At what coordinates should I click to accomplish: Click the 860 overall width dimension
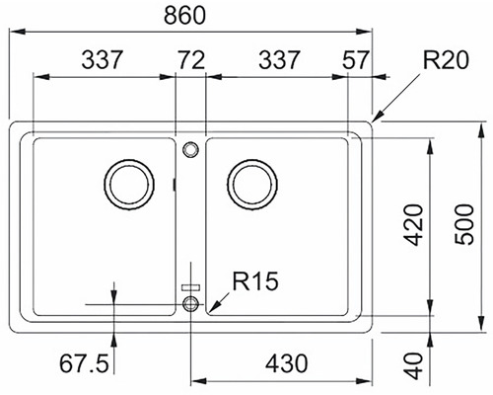click(184, 15)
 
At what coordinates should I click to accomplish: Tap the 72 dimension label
click(191, 60)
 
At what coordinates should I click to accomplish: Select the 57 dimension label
click(356, 60)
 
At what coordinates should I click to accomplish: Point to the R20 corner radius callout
click(446, 60)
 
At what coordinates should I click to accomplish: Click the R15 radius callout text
click(255, 280)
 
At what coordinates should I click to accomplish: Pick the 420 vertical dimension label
click(413, 225)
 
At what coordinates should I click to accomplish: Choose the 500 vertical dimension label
click(464, 224)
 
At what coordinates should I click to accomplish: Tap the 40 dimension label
click(413, 366)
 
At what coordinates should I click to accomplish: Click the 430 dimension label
click(287, 364)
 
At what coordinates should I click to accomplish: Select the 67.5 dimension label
click(84, 363)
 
